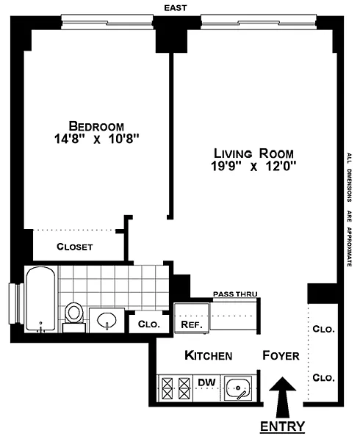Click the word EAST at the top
[x=175, y=8]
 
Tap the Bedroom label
[x=96, y=126]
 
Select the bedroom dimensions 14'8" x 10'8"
[x=97, y=139]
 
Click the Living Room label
[x=253, y=153]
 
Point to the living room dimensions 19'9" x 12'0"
[x=253, y=167]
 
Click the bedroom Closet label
[x=75, y=247]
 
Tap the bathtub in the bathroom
[x=40, y=299]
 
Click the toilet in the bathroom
[x=73, y=316]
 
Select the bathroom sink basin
[x=107, y=320]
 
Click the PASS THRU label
[x=235, y=294]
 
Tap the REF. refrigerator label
[x=191, y=324]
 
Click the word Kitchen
[x=208, y=356]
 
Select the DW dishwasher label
[x=206, y=382]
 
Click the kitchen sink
[x=238, y=388]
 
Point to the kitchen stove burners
[x=176, y=388]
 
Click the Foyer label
[x=281, y=356]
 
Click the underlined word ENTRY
[x=282, y=426]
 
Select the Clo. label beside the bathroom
[x=149, y=324]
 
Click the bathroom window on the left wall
[x=16, y=303]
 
